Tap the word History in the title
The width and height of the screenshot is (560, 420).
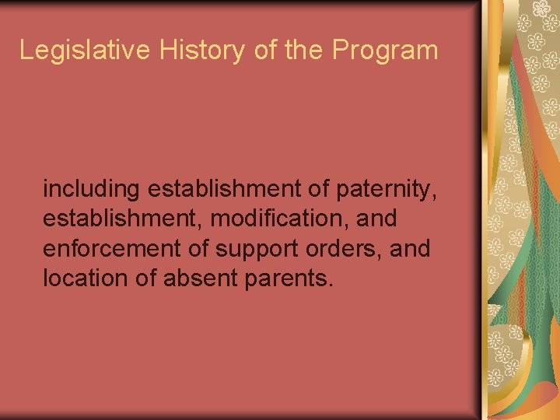(204, 51)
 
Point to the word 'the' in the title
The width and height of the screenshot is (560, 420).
(305, 51)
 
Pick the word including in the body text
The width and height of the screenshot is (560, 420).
(91, 189)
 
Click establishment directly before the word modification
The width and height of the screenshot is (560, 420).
(123, 219)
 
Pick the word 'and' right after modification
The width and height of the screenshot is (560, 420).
(376, 219)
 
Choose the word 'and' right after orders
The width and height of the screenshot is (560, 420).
(412, 249)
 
